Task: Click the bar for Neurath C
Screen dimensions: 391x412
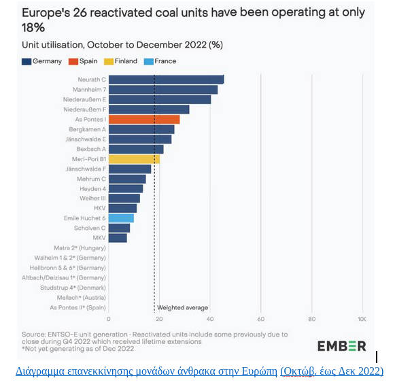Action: point(166,80)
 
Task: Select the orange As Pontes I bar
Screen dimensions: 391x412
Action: point(144,119)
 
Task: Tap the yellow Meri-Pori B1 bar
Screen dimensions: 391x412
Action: point(134,159)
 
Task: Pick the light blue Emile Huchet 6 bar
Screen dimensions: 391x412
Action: point(121,218)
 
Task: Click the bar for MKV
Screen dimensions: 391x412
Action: point(118,238)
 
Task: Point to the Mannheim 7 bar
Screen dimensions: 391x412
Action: point(163,90)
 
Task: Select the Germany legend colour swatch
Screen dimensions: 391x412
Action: point(27,61)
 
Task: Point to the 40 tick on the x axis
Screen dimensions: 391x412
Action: point(210,319)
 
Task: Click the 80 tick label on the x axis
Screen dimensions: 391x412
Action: point(312,319)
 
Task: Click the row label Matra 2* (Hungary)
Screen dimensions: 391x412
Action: point(80,248)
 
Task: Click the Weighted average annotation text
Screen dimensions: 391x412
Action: point(183,307)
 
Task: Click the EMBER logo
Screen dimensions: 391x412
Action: point(341,345)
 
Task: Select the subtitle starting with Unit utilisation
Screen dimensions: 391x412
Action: point(122,45)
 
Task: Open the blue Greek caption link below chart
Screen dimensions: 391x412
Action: point(199,371)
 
